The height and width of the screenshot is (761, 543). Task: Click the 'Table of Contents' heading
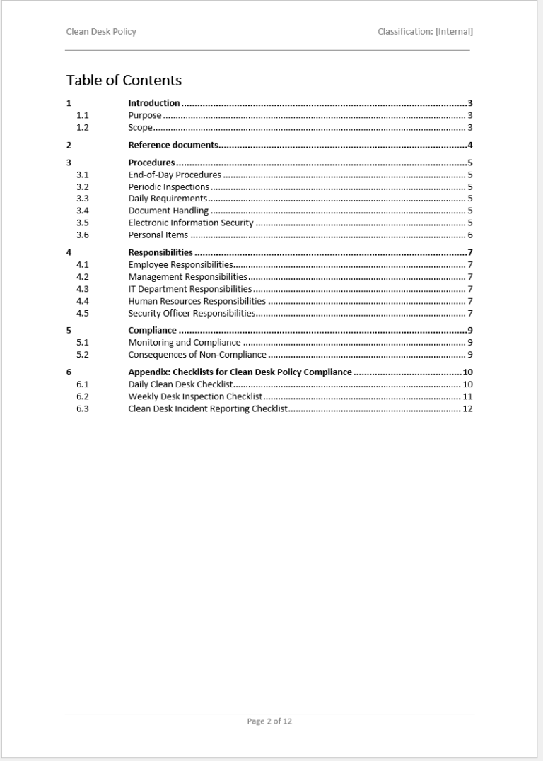(124, 81)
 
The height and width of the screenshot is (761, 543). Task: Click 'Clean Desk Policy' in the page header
(101, 32)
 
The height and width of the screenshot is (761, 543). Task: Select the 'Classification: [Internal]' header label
(425, 32)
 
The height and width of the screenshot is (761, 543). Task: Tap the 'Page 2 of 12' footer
(269, 721)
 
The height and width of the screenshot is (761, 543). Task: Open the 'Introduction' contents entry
(153, 103)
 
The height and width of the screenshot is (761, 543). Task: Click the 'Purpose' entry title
(145, 115)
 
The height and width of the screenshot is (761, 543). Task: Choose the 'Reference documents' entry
(173, 146)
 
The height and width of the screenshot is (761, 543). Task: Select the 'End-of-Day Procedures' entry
(175, 175)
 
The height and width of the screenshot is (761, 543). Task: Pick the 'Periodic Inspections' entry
(168, 187)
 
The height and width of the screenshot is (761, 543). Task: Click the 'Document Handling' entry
(168, 211)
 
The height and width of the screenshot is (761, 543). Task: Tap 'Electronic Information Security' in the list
(191, 223)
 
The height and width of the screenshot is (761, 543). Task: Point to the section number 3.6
(82, 235)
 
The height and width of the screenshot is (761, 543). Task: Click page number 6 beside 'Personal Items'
(469, 235)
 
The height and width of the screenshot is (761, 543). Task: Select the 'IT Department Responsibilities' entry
(189, 289)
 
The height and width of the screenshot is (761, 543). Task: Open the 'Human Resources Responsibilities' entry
(197, 301)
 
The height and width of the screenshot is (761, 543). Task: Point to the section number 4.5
(82, 313)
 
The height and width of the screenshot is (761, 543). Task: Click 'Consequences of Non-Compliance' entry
(197, 355)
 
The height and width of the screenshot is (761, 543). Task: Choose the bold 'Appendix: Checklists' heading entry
(240, 372)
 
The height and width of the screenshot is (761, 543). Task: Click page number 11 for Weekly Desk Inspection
(467, 396)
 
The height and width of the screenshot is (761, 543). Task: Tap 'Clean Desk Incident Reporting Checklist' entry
(207, 409)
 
